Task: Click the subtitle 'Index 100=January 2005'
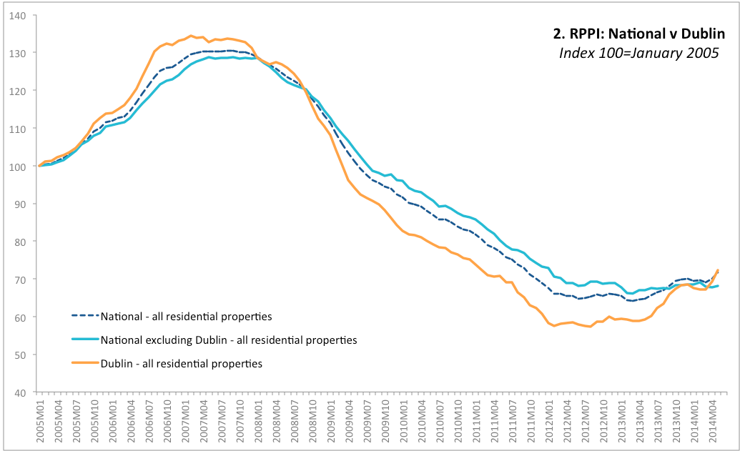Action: pyautogui.click(x=639, y=54)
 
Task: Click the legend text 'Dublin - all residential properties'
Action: pyautogui.click(x=182, y=364)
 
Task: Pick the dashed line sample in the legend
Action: pyautogui.click(x=84, y=315)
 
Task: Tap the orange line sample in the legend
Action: pyautogui.click(x=84, y=364)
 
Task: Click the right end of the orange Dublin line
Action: pyautogui.click(x=718, y=269)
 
